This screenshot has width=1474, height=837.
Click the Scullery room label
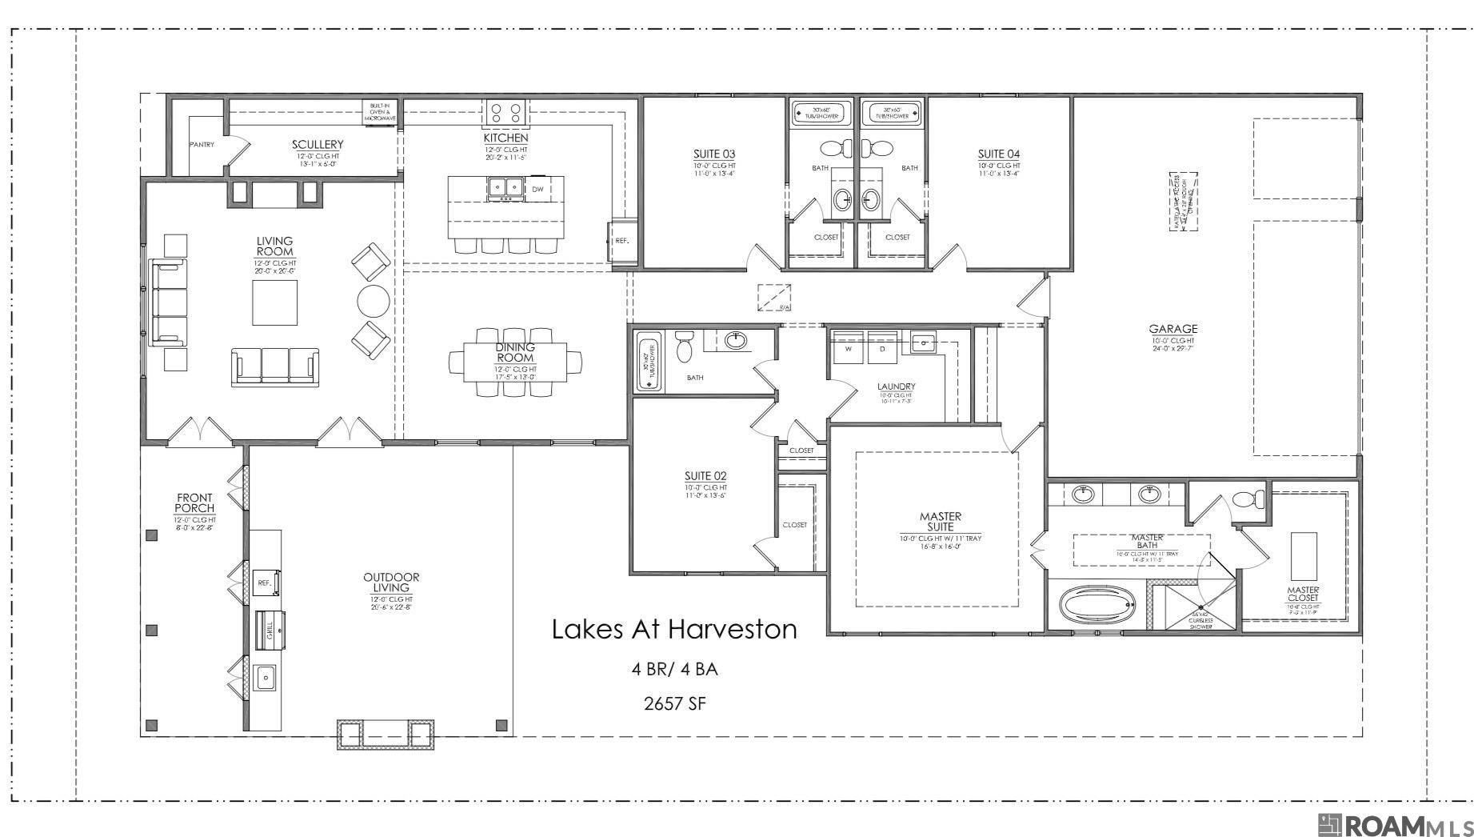(x=318, y=145)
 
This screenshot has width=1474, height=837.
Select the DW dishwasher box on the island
(x=538, y=189)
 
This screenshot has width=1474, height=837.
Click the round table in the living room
(x=373, y=301)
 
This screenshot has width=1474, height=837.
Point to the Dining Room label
(x=515, y=352)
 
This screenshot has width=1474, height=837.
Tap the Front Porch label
(x=194, y=503)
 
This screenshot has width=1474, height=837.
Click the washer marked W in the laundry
(x=848, y=349)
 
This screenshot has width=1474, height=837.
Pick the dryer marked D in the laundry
(x=883, y=349)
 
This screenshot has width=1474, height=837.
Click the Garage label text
(x=1172, y=328)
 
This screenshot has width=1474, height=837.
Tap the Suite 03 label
(x=713, y=154)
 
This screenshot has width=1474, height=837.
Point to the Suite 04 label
(x=998, y=154)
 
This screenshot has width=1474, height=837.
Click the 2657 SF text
(x=674, y=703)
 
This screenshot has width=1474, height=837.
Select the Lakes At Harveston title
(x=674, y=629)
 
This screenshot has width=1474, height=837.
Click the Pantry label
(x=202, y=145)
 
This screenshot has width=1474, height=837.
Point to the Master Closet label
(x=1303, y=594)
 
